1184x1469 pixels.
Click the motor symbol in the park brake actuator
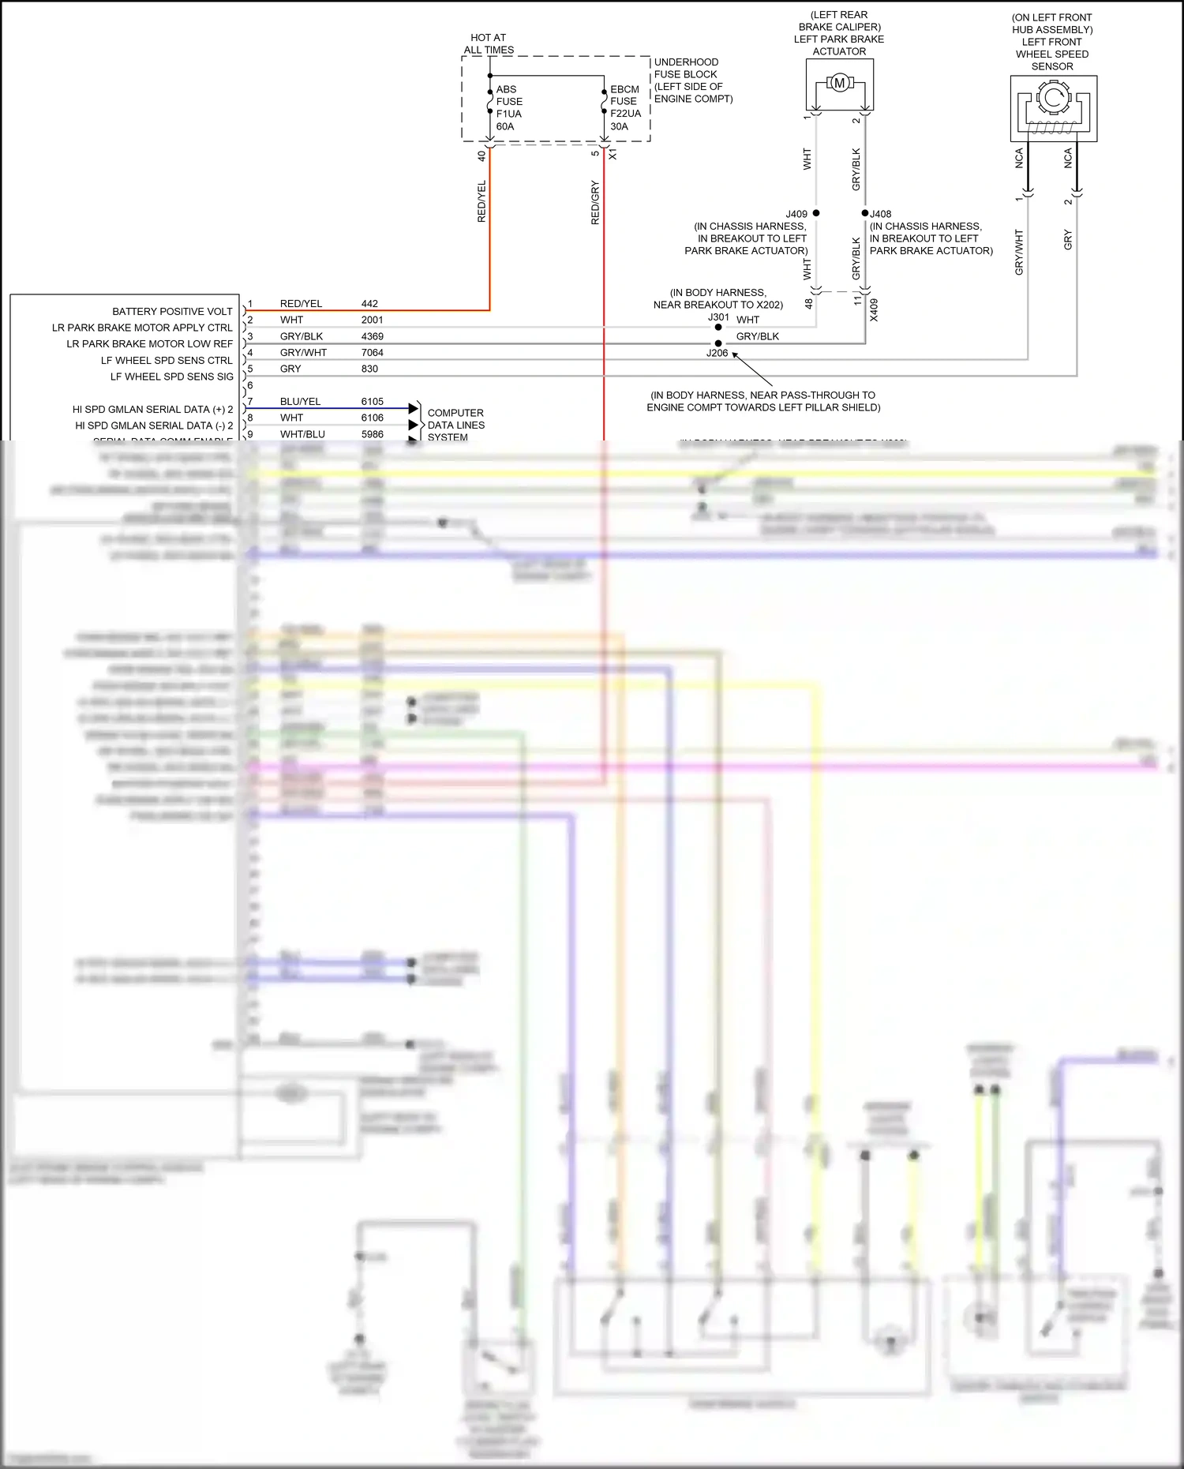point(839,83)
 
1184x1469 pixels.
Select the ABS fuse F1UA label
point(509,107)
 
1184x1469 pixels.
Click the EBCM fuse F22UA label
point(625,107)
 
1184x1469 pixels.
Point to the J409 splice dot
point(816,213)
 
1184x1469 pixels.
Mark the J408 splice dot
point(865,213)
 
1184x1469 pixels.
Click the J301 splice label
point(718,317)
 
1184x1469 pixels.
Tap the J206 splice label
point(717,353)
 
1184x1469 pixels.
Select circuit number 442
point(369,304)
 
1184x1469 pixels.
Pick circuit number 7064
point(372,353)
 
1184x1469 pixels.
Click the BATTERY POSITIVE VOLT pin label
point(172,312)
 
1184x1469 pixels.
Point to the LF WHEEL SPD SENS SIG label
point(171,377)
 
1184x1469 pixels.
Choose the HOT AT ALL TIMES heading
point(489,43)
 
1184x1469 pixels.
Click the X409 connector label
point(874,309)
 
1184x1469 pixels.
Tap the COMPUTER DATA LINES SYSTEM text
point(455,425)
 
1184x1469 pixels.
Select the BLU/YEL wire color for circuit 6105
point(300,402)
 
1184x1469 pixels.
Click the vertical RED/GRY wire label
point(595,203)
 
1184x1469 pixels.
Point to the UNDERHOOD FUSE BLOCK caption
point(693,80)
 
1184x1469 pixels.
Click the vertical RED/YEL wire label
point(481,201)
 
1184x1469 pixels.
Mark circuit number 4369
point(372,336)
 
